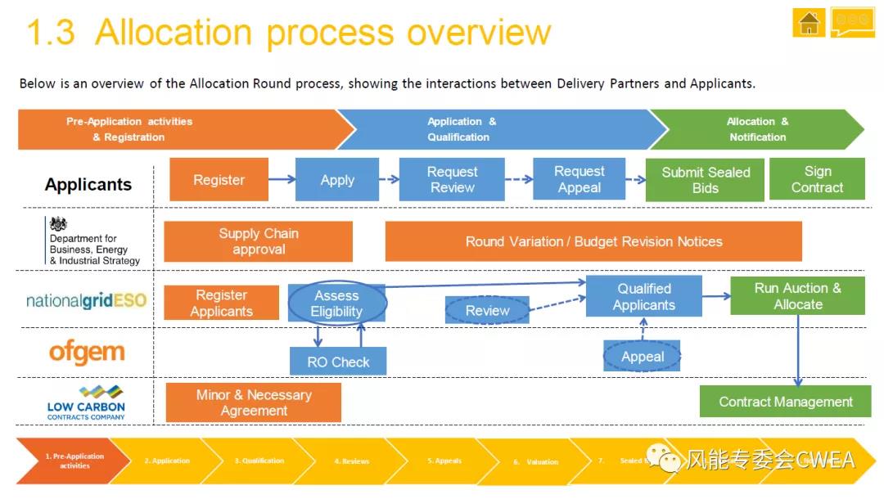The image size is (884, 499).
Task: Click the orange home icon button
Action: (x=809, y=23)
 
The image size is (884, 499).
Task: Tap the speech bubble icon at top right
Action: (x=852, y=22)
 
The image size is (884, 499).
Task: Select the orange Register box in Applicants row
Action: (x=219, y=180)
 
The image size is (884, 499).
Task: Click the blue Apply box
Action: (x=337, y=180)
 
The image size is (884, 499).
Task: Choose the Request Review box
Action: (x=452, y=180)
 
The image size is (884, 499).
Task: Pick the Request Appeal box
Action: (x=580, y=180)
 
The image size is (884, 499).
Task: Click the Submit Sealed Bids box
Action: (x=705, y=180)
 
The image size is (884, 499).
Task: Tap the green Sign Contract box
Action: (x=817, y=179)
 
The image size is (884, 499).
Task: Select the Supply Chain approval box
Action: (x=258, y=241)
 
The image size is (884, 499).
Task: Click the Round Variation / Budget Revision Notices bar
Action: (x=593, y=241)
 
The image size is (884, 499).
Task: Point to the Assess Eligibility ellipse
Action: (x=336, y=303)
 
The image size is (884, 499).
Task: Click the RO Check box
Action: (x=338, y=362)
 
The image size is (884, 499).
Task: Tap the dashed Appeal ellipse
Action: (x=643, y=357)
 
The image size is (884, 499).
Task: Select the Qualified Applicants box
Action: (x=644, y=296)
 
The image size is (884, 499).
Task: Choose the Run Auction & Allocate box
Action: (x=797, y=296)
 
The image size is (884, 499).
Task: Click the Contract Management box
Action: (x=785, y=402)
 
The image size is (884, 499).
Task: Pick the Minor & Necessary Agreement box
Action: (x=254, y=402)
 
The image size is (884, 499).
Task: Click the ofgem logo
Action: (x=87, y=353)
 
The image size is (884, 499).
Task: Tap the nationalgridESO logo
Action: (x=86, y=300)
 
